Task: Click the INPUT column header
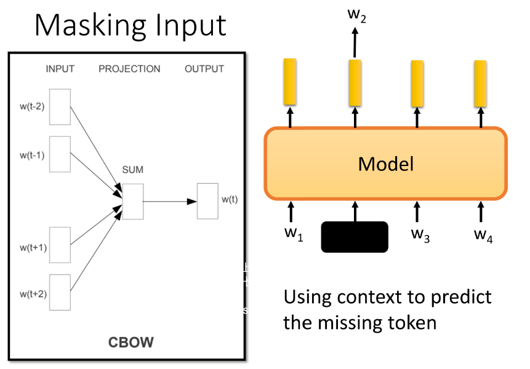pyautogui.click(x=60, y=69)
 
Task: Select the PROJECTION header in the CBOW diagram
pyautogui.click(x=129, y=69)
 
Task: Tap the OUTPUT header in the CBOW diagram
pyautogui.click(x=204, y=69)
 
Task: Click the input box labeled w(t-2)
pyautogui.click(x=60, y=107)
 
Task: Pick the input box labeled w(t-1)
pyautogui.click(x=60, y=154)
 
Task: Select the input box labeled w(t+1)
pyautogui.click(x=60, y=245)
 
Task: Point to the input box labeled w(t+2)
pyautogui.click(x=60, y=292)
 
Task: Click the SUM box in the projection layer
pyautogui.click(x=133, y=201)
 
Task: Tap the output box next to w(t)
pyautogui.click(x=207, y=200)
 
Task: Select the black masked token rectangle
pyautogui.click(x=355, y=237)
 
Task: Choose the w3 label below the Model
pyautogui.click(x=420, y=234)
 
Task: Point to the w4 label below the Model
pyautogui.click(x=483, y=234)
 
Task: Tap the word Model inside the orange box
pyautogui.click(x=386, y=164)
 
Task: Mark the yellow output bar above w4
pyautogui.click(x=481, y=81)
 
